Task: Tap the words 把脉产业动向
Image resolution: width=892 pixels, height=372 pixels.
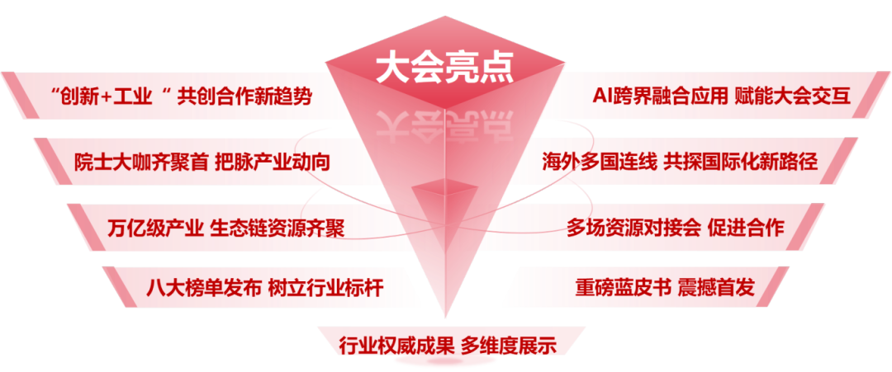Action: click(x=272, y=162)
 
